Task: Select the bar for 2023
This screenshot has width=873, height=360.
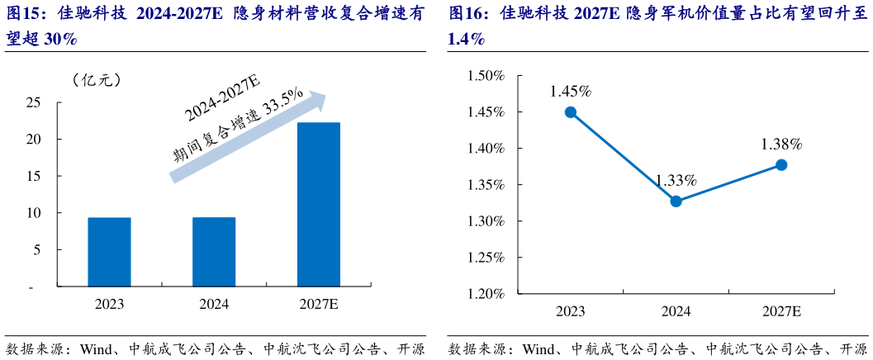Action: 109,252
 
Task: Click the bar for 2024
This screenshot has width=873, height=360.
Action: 214,252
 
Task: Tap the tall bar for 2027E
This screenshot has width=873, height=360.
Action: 318,205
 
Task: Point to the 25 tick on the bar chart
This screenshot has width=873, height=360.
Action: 34,103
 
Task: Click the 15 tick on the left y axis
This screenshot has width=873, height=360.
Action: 34,177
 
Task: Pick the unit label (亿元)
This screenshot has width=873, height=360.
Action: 97,79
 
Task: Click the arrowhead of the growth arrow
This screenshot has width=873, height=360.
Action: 318,99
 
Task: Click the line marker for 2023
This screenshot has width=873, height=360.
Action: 571,112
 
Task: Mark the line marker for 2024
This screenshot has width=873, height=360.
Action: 676,201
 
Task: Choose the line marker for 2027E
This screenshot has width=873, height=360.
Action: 781,164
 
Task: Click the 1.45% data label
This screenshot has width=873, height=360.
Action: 571,91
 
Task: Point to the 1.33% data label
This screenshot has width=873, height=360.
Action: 676,180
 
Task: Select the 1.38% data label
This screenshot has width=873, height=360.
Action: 781,144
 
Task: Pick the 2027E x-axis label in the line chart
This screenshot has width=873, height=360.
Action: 781,311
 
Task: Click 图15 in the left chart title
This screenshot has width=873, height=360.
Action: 26,15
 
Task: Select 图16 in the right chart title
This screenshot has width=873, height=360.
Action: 467,15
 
